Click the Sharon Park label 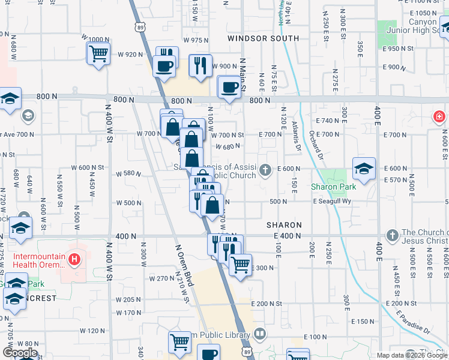tap(333, 187)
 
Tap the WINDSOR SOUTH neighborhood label tap(263, 38)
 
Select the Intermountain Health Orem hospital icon tap(74, 260)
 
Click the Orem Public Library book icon tap(259, 334)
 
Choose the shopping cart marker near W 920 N tap(98, 53)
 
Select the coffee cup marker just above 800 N tap(228, 88)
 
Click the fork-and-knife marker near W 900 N tap(200, 65)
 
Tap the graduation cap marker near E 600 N tap(363, 169)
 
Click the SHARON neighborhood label tap(284, 225)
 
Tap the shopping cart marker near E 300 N tap(240, 263)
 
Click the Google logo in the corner tap(20, 353)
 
